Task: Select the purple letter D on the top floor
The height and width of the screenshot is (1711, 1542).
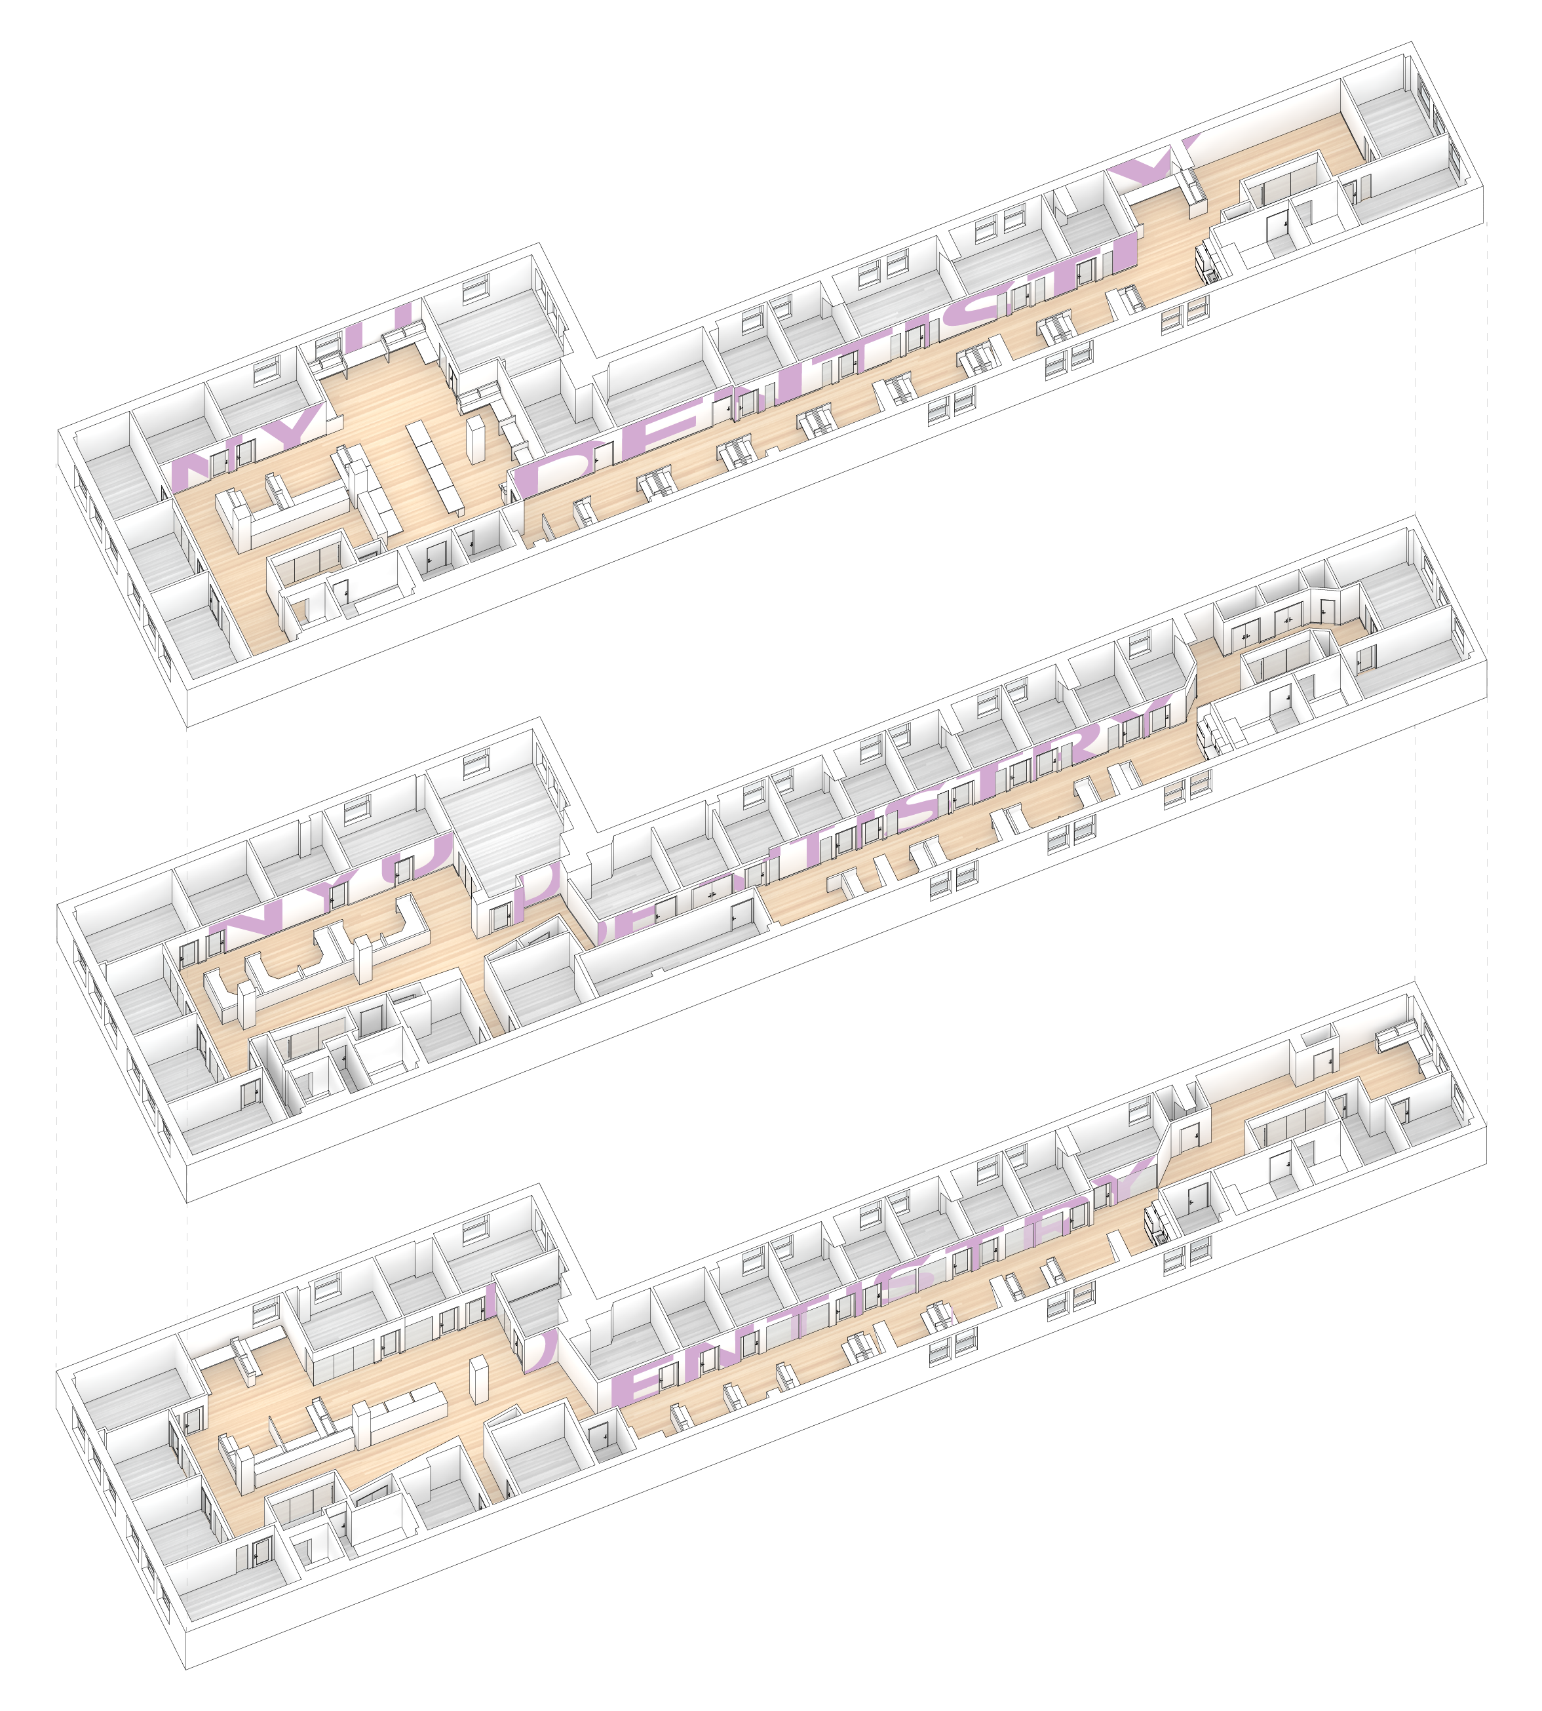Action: (x=564, y=470)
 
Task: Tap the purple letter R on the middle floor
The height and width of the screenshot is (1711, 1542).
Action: (x=1093, y=738)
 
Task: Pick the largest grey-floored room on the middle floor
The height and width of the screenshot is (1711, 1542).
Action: (x=500, y=826)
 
